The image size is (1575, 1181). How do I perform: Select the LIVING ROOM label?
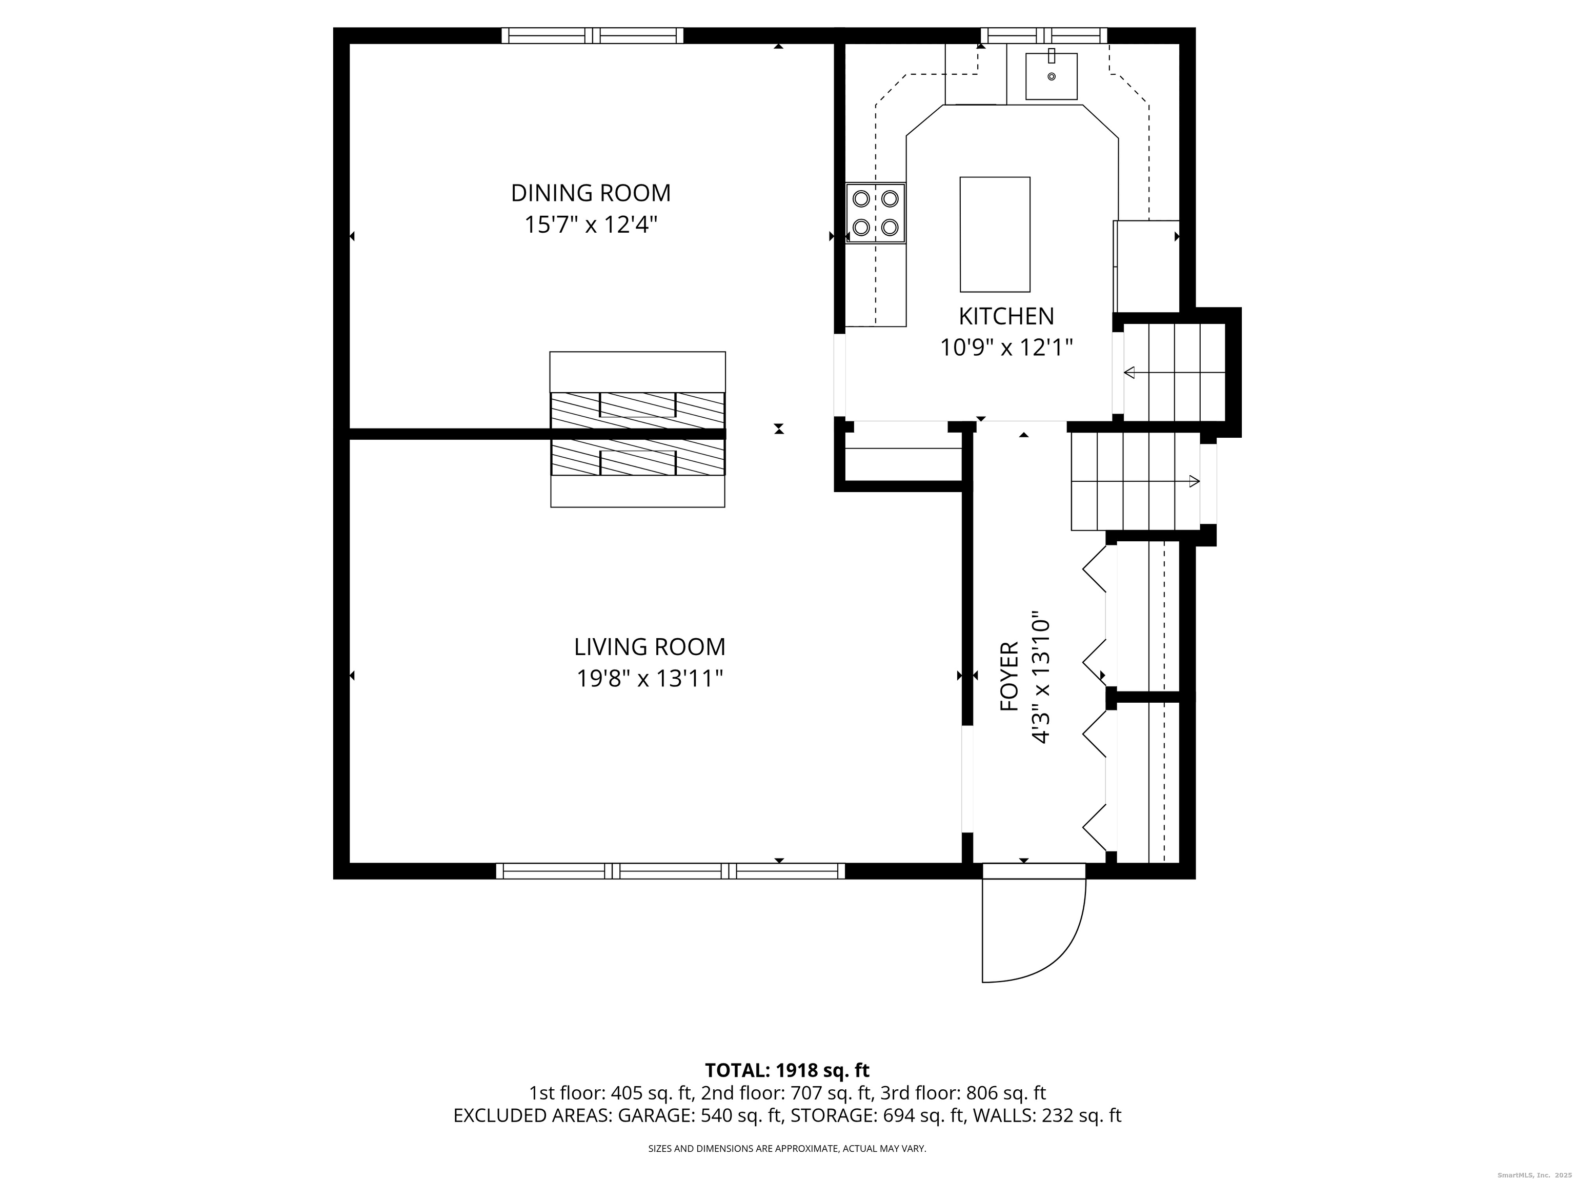click(x=650, y=647)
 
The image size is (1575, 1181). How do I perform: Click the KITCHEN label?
click(x=1005, y=316)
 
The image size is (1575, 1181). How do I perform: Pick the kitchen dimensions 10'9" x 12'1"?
click(x=1005, y=348)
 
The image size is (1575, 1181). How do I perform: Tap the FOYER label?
click(x=1009, y=676)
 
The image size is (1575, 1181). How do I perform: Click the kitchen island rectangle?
click(x=995, y=234)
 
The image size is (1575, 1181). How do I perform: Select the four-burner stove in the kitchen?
click(x=875, y=213)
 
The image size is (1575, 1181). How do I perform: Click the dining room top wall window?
click(x=592, y=35)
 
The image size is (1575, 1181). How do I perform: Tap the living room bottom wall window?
click(x=670, y=870)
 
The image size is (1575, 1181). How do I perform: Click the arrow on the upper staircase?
click(x=1130, y=372)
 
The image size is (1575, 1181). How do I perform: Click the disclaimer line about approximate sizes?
click(x=787, y=1148)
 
